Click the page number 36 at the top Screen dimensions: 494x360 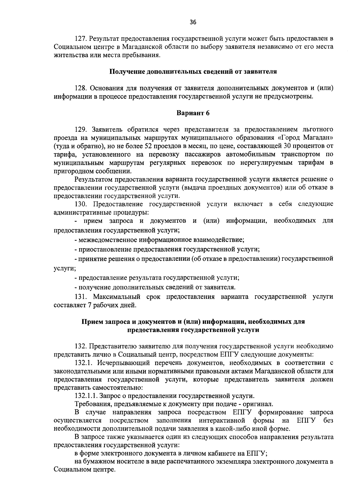[193, 22]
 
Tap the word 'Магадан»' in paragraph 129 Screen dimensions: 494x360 [321, 138]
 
